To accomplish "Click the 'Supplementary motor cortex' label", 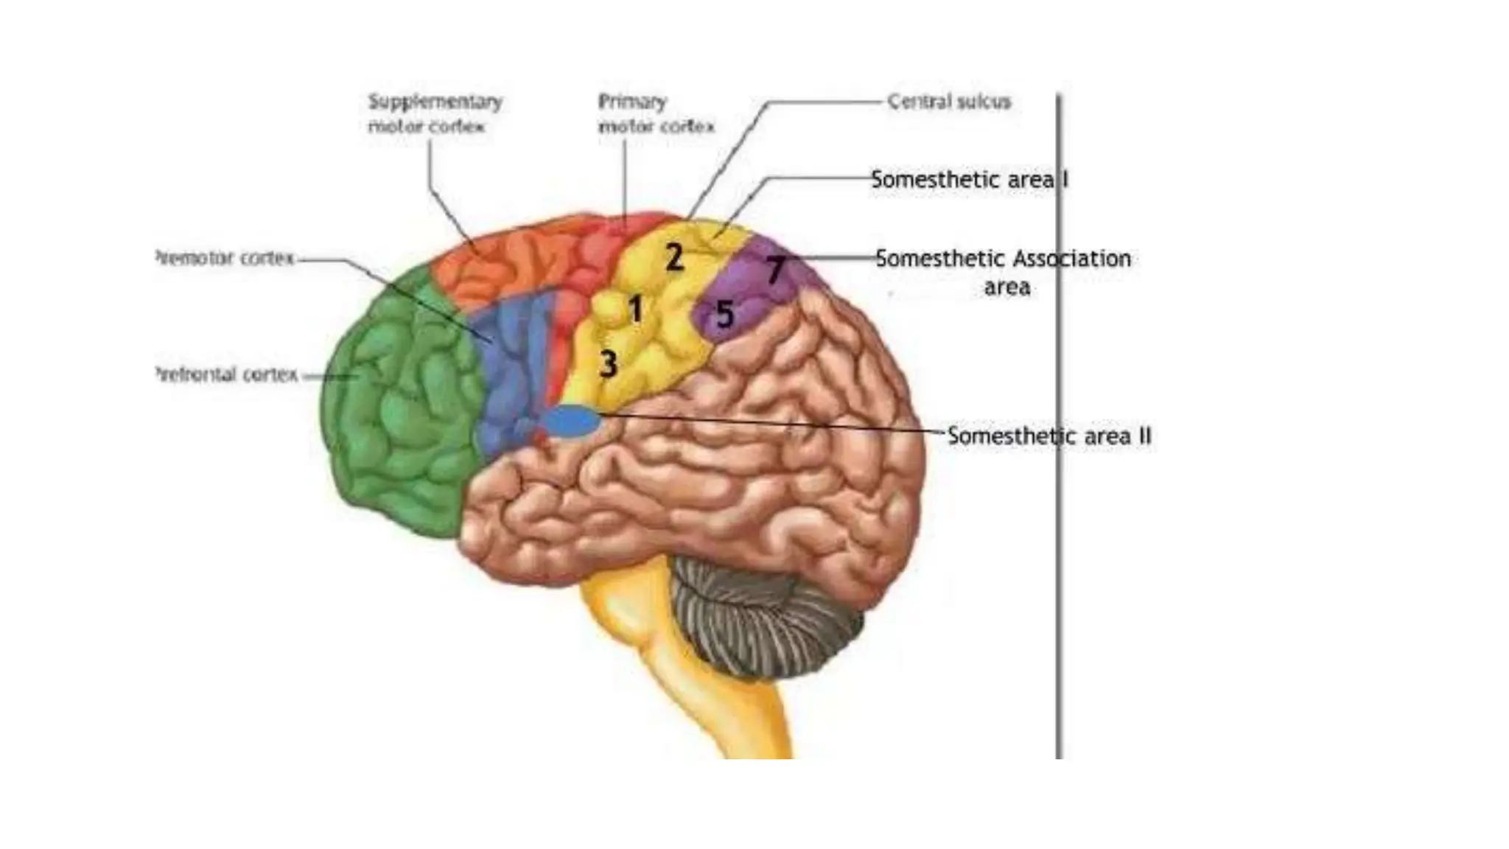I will point(435,113).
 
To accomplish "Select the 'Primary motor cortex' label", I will point(655,113).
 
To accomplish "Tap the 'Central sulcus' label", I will point(948,102).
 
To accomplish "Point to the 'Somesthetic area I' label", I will point(969,179).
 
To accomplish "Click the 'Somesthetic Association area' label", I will point(1003,271).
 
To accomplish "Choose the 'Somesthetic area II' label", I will point(1048,436).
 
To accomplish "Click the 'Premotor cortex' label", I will point(225,258).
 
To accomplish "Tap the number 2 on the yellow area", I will point(674,257).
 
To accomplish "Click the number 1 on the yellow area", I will point(635,309).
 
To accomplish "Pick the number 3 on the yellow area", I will point(608,363).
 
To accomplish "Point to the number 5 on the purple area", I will point(725,315).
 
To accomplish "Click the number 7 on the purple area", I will point(774,269).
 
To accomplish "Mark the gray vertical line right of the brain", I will point(1060,590).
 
